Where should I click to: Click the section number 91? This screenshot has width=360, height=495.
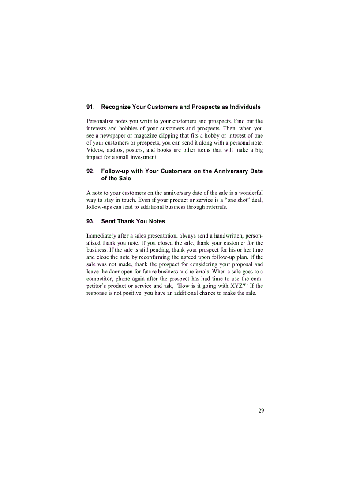click(x=90, y=107)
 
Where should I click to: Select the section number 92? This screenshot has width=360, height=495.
click(x=90, y=171)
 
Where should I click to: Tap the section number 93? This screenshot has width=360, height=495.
click(x=90, y=221)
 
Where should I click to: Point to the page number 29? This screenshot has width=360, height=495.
click(x=261, y=411)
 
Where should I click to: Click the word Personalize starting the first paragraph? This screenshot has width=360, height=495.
click(x=100, y=121)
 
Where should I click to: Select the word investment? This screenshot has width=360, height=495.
click(x=144, y=157)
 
